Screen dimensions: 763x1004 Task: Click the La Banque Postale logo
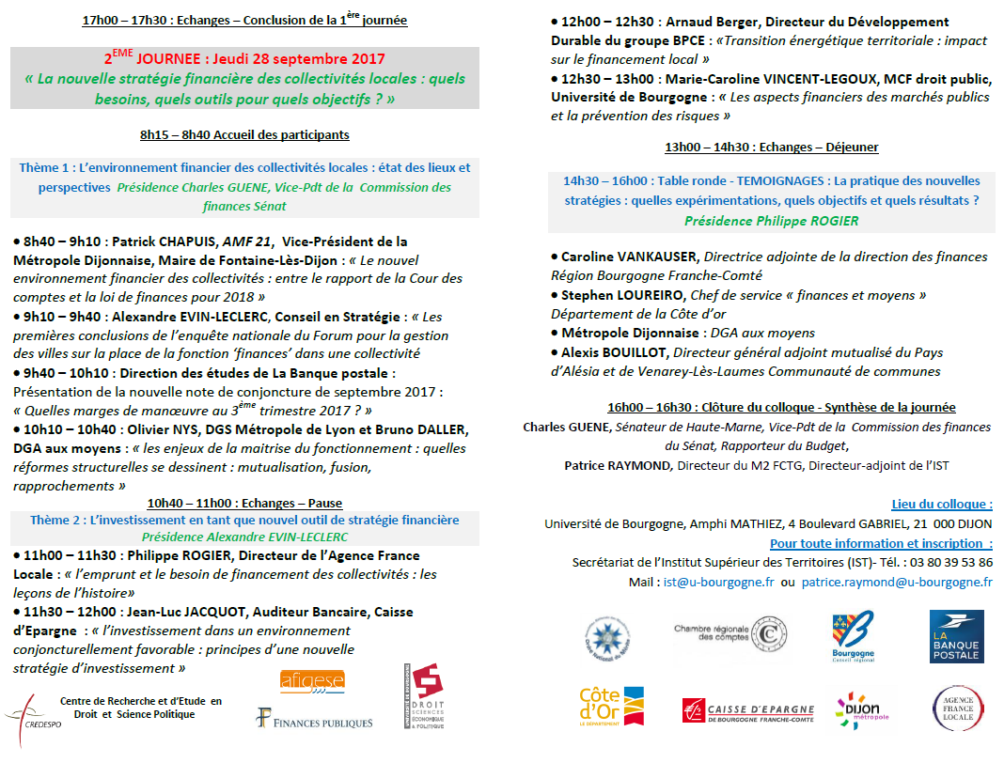pyautogui.click(x=956, y=636)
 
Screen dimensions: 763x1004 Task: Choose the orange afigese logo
pyautogui.click(x=312, y=680)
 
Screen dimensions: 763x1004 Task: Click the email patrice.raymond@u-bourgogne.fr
pyautogui.click(x=897, y=582)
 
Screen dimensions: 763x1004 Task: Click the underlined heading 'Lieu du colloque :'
pyautogui.click(x=941, y=505)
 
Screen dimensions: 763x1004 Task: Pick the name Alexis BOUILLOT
pyautogui.click(x=615, y=352)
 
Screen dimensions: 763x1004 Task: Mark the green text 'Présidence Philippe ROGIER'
pyautogui.click(x=771, y=221)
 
